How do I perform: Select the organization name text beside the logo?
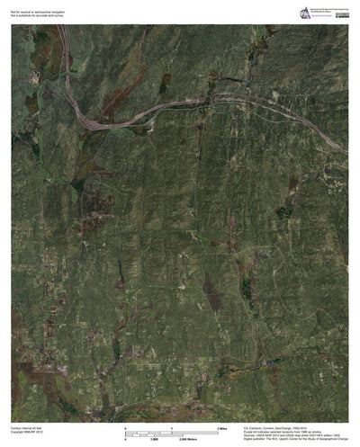pyautogui.click(x=328, y=10)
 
